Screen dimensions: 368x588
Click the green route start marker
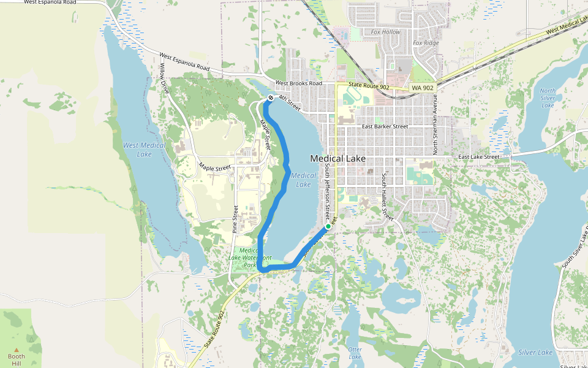pyautogui.click(x=328, y=226)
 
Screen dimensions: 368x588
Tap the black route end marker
pyautogui.click(x=270, y=98)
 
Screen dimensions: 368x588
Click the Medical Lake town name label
pyautogui.click(x=337, y=158)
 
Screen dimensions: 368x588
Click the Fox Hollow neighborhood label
pyautogui.click(x=385, y=31)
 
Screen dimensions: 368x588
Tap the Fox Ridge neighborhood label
pyautogui.click(x=426, y=43)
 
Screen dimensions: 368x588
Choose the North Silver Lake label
pyautogui.click(x=548, y=98)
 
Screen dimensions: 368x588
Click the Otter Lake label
pyautogui.click(x=355, y=353)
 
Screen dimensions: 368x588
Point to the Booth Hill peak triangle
pyautogui.click(x=17, y=350)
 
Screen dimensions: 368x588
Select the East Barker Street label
pyautogui.click(x=385, y=126)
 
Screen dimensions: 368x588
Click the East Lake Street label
pyautogui.click(x=479, y=157)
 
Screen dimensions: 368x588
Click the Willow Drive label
pyautogui.click(x=165, y=78)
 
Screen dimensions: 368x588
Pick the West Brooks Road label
pyautogui.click(x=298, y=83)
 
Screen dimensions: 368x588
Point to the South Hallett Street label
pyautogui.click(x=387, y=196)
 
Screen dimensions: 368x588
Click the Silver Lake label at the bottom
pyautogui.click(x=535, y=353)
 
